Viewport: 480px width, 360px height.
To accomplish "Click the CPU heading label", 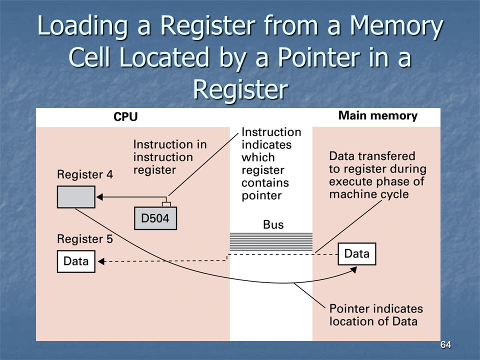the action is (x=125, y=116).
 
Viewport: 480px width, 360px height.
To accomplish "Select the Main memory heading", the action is (x=378, y=115).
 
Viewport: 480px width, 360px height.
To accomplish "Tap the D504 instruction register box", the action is (x=155, y=218).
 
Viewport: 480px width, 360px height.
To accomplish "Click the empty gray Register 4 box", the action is (x=76, y=197).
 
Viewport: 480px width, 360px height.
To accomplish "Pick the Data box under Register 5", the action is (x=76, y=261).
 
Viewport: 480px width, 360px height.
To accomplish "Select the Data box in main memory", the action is (x=356, y=254).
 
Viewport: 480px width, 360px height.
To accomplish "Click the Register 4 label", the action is (x=85, y=174).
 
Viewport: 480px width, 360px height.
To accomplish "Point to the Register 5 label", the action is (x=85, y=239).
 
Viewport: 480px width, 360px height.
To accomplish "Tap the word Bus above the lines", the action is (x=273, y=224).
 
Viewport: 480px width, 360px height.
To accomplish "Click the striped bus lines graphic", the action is (x=271, y=242).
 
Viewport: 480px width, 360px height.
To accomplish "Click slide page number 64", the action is (x=445, y=345).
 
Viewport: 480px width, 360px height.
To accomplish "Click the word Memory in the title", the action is (x=396, y=26).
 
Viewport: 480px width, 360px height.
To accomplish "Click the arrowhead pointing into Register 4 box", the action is (x=99, y=197).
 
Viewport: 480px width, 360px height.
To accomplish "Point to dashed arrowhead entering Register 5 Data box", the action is (x=101, y=261).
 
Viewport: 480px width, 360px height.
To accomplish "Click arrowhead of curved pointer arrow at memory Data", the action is (x=354, y=269).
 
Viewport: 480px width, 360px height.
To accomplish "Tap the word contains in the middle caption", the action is (x=265, y=183).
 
